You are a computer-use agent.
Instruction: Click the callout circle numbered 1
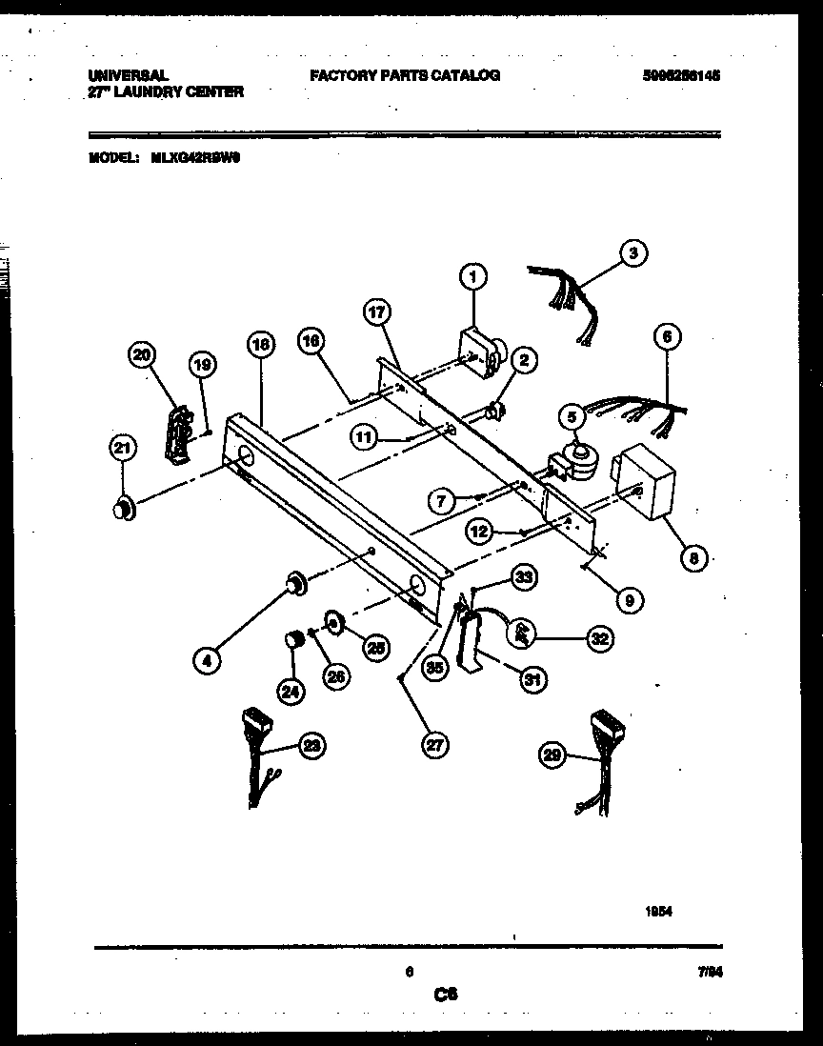[x=472, y=276]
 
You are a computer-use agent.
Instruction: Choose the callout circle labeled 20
[x=142, y=355]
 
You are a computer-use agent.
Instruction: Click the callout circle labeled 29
[x=552, y=757]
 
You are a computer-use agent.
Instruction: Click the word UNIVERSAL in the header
[x=128, y=74]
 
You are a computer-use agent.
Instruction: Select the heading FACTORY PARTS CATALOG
[x=405, y=75]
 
